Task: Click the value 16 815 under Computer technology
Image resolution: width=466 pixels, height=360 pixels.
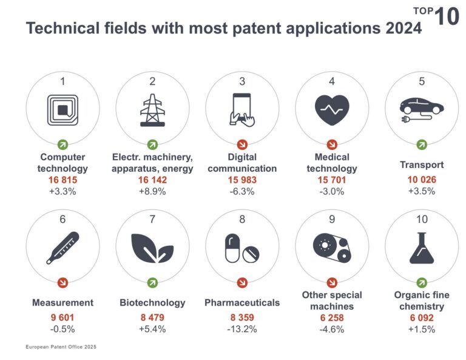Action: [62, 180]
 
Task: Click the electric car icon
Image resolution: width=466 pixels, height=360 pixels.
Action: [421, 109]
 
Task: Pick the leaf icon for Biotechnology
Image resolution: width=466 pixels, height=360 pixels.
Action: [152, 248]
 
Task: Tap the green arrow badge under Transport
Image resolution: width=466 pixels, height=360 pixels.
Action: [421, 144]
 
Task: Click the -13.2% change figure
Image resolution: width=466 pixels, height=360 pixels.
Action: [242, 329]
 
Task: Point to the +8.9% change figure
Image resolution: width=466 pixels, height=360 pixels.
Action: [152, 191]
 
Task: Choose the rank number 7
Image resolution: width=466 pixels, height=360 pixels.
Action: [152, 219]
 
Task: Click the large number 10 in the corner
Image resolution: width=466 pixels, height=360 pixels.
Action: [448, 16]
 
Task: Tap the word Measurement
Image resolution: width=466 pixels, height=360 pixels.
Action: [62, 302]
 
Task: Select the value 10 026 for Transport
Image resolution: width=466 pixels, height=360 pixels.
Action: [421, 180]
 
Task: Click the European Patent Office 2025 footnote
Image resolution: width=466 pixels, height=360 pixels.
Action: [61, 347]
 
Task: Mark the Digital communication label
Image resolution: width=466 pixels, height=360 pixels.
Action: [242, 163]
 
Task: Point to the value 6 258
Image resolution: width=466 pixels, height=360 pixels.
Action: [332, 318]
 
